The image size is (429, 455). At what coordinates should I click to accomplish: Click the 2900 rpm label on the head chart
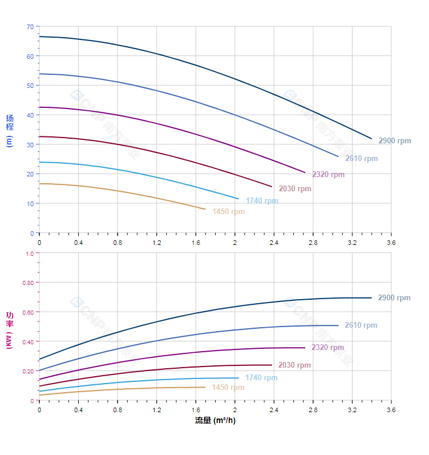point(394,141)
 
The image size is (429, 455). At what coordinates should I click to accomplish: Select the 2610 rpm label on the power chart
point(361,325)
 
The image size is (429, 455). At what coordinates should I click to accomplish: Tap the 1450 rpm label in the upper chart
point(228,212)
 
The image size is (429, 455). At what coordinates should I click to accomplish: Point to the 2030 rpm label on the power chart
point(294,365)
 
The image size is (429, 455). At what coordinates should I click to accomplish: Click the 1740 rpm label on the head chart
point(262,201)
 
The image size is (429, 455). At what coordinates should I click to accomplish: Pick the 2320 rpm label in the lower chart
point(327,348)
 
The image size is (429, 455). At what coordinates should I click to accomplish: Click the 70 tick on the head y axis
point(30,26)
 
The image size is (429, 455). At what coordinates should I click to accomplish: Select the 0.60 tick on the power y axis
point(28,312)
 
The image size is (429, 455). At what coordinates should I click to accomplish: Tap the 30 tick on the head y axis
point(30,144)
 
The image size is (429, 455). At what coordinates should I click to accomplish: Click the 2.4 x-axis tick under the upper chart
point(274,243)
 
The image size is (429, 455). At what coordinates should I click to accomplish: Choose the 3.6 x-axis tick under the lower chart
point(391,410)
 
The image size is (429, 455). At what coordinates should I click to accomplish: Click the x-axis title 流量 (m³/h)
point(215,421)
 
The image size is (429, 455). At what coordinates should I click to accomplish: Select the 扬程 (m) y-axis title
point(10,131)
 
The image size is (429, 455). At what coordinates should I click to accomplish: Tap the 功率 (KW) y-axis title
point(10,331)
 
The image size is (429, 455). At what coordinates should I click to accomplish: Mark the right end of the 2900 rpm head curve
point(371,139)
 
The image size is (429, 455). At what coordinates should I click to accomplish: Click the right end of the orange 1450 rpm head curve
point(205,209)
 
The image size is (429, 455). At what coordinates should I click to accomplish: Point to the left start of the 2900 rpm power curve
point(39,359)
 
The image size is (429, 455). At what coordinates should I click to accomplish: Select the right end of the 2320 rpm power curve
point(305,348)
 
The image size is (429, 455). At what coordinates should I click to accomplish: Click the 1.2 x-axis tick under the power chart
point(156,410)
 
